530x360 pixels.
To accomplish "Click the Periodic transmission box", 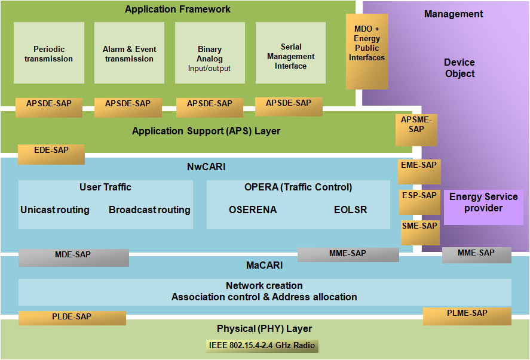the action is [x=49, y=53].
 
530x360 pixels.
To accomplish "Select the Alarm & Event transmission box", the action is [x=130, y=53].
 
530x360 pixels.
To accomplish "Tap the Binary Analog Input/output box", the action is [x=210, y=53].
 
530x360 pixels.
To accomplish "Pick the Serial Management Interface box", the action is [x=290, y=53].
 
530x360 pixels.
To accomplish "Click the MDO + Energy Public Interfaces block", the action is [x=367, y=51].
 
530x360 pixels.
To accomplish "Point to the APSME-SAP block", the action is [x=416, y=130].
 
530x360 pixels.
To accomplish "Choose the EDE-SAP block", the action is [x=51, y=155].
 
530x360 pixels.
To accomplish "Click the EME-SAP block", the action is [x=419, y=171].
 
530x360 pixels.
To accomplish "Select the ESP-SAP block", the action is [x=419, y=202].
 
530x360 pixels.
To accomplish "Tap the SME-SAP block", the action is [x=420, y=233].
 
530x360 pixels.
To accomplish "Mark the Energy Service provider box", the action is [x=484, y=207].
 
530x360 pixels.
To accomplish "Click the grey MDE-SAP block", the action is [x=73, y=258].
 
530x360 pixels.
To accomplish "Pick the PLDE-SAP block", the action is [x=72, y=318].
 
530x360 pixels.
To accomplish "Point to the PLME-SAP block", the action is [x=467, y=316].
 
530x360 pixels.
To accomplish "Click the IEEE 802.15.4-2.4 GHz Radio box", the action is [x=262, y=346].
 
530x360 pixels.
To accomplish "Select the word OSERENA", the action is [x=253, y=210].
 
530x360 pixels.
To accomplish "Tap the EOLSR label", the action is [x=351, y=210].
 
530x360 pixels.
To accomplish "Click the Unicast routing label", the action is [x=55, y=210].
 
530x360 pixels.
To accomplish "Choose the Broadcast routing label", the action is [x=149, y=210].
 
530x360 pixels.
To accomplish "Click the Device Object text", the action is [x=459, y=68].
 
